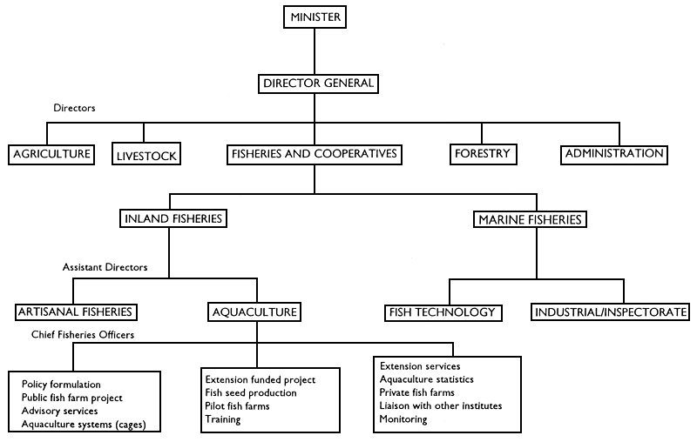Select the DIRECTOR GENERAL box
[x=317, y=84]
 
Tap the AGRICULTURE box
[x=51, y=155]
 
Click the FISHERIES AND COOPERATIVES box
[x=314, y=155]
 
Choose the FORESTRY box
[x=482, y=155]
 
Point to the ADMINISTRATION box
[x=614, y=155]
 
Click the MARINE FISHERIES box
[x=529, y=220]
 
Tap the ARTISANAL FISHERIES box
[x=77, y=311]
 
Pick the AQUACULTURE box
[x=254, y=311]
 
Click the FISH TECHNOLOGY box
[x=443, y=311]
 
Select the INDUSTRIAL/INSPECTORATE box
[x=612, y=311]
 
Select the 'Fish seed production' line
[x=252, y=393]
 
